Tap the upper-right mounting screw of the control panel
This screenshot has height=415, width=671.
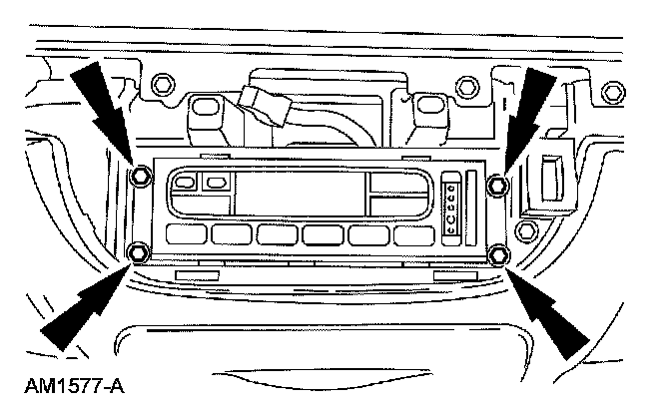click(x=497, y=183)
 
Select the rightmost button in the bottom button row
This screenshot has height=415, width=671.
click(x=413, y=235)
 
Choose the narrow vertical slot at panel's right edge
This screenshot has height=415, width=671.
click(x=470, y=206)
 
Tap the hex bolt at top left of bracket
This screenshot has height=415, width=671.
click(x=166, y=81)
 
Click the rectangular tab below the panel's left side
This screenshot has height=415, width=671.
click(x=197, y=272)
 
